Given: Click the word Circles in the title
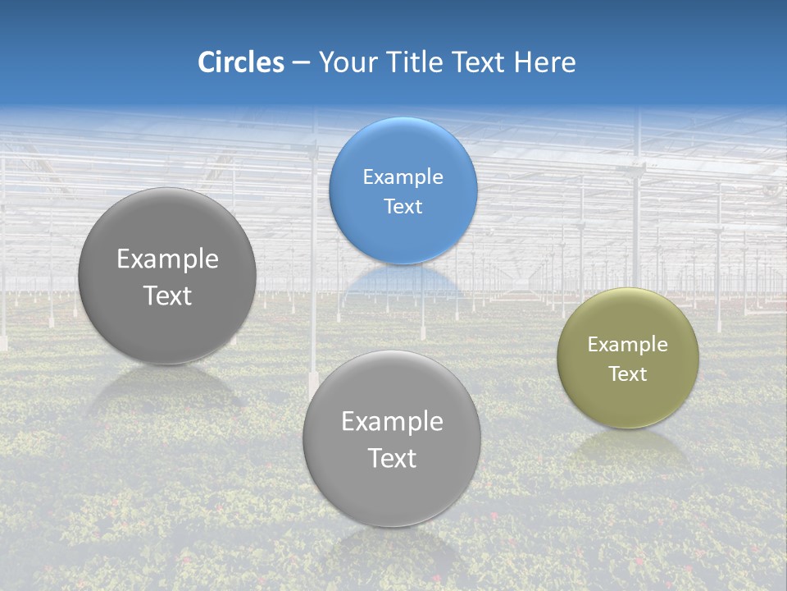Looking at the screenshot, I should click(240, 62).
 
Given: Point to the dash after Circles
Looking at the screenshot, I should click(301, 63).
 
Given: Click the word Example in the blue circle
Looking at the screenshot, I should click(403, 177).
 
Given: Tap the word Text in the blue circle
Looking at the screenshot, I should click(403, 207).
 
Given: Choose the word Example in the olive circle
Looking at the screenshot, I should click(628, 345).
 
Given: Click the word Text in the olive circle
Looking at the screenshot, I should click(628, 374).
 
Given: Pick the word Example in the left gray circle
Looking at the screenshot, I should click(167, 259).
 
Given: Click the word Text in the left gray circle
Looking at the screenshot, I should click(167, 295).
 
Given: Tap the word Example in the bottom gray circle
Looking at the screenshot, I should click(392, 422).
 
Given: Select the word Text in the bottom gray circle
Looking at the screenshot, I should click(392, 458).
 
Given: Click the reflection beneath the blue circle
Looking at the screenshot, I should click(403, 283).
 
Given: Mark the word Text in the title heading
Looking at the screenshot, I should click(481, 62).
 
